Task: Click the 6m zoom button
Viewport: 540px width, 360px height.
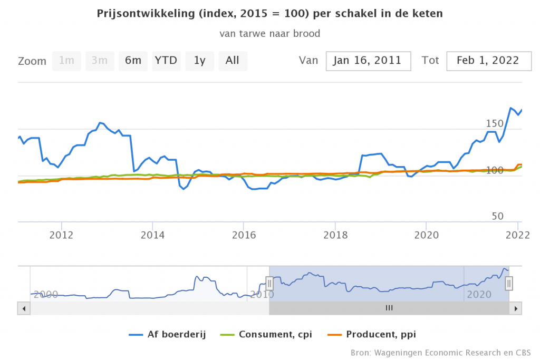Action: (x=133, y=61)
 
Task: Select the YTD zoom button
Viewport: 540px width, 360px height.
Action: (x=166, y=61)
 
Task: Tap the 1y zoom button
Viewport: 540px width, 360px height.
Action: (x=199, y=61)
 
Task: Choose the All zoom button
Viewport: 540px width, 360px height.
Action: (x=233, y=61)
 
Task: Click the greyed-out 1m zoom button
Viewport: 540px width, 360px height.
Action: (x=66, y=61)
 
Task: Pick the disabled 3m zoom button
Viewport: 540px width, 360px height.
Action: (x=100, y=61)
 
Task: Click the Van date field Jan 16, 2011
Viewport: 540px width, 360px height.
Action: (x=368, y=61)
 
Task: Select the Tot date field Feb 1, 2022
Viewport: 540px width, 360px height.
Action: (x=487, y=61)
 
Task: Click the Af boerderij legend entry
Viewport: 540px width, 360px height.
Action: (x=167, y=334)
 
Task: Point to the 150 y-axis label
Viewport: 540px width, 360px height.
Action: (x=495, y=123)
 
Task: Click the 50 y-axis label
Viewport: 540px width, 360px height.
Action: (x=497, y=217)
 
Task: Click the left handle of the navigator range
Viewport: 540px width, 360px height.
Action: (x=269, y=284)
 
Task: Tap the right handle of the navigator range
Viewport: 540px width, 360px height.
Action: (x=509, y=284)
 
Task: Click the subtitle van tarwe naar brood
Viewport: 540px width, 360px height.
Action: (x=270, y=34)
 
